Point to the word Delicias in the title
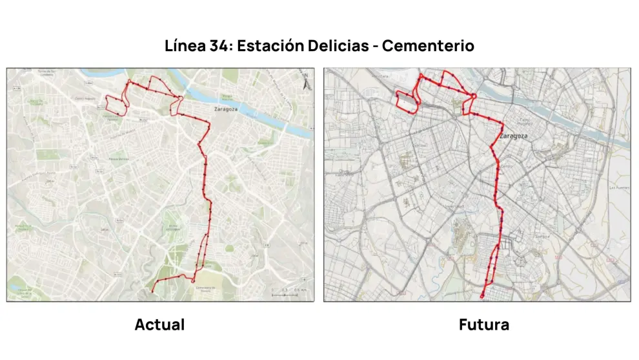[342, 46]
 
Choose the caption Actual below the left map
[159, 324]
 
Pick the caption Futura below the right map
[484, 324]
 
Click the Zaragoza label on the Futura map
[514, 136]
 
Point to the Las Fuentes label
[619, 188]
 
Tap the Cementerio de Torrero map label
[204, 288]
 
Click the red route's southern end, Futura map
[482, 297]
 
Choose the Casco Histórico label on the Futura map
[524, 122]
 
